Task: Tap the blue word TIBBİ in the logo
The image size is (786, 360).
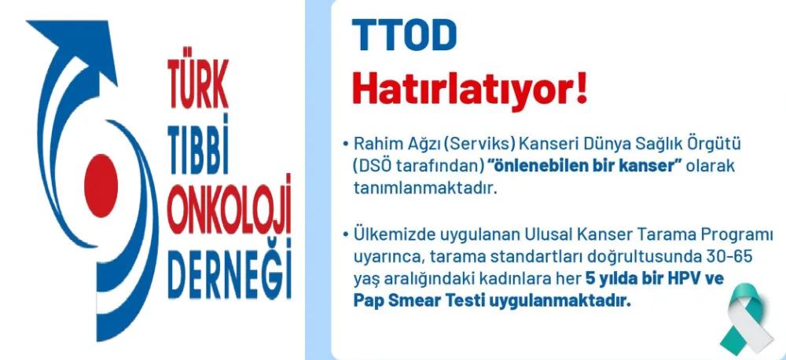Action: pyautogui.click(x=198, y=141)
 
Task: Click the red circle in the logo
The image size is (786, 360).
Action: pyautogui.click(x=101, y=186)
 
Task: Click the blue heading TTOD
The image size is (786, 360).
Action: pyautogui.click(x=404, y=35)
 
